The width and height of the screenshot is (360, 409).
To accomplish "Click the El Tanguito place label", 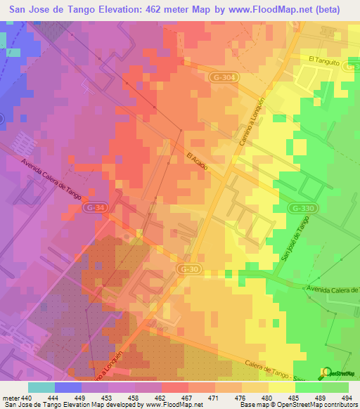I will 323,61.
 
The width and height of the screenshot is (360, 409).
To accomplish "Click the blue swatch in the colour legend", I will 67,387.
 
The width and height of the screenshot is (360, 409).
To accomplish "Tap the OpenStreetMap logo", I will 337,372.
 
